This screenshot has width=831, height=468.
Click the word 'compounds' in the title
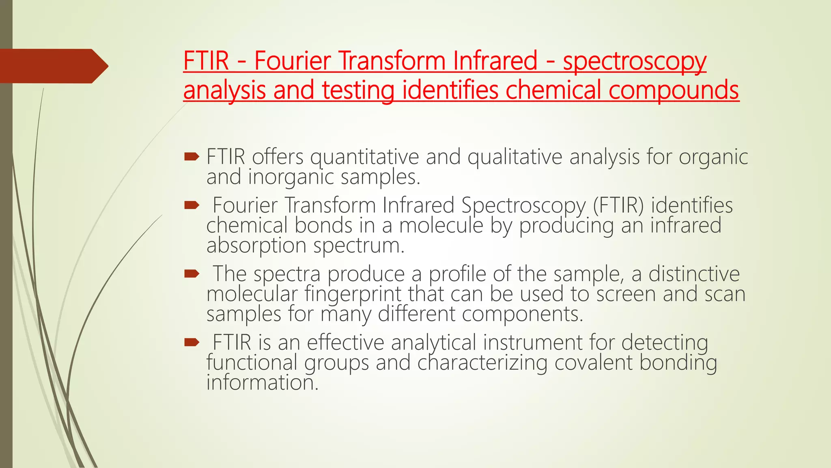(674, 90)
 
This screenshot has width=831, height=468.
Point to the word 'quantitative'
(364, 157)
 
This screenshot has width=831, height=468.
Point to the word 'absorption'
(256, 246)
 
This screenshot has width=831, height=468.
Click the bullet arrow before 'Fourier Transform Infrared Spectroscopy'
(192, 205)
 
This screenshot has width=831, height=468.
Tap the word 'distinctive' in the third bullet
(694, 274)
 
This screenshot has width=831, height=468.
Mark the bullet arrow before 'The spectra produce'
(192, 274)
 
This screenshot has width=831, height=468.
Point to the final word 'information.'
(262, 383)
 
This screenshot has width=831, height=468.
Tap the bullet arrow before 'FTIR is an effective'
(192, 342)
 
